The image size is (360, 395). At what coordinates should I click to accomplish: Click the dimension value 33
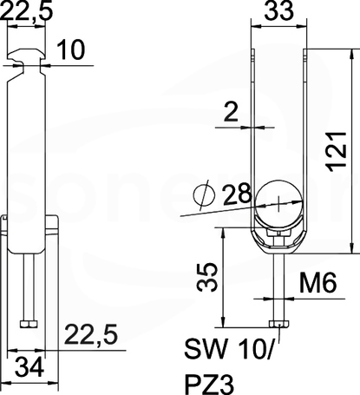point(279,11)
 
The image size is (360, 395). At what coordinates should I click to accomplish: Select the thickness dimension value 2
point(231,112)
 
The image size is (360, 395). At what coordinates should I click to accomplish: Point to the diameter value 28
point(236,193)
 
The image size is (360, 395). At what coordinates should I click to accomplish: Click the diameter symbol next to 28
point(204,194)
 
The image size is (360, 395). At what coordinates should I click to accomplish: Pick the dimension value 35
point(206,276)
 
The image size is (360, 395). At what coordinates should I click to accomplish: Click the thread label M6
point(318,283)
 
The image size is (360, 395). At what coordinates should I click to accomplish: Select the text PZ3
point(209,385)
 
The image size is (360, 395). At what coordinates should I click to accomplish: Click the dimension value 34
point(29,367)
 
